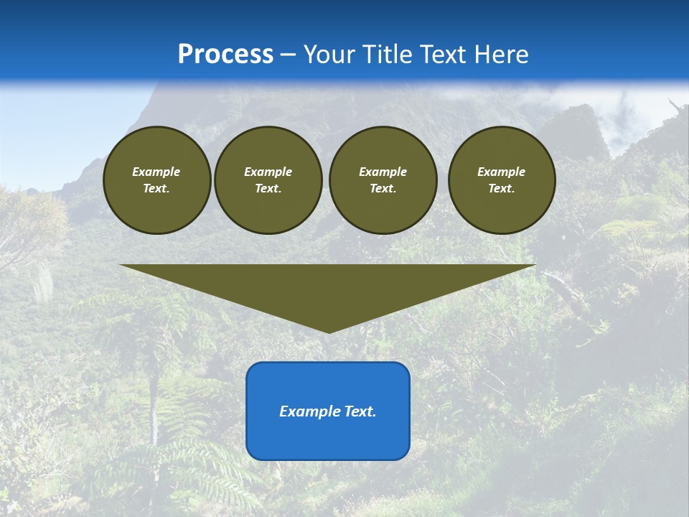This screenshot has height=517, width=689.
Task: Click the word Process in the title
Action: pos(225,55)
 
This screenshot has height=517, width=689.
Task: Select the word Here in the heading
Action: pos(500,55)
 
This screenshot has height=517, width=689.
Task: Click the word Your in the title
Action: pos(329,55)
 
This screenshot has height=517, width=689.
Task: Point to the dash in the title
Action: pos(288,55)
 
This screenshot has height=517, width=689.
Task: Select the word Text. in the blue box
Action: pos(360,411)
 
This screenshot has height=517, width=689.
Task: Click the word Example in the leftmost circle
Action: pos(156,172)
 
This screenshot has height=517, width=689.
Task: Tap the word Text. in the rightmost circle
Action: pos(501,188)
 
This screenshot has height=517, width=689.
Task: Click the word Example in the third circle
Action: pos(383,172)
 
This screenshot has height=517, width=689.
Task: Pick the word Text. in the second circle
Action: pos(268,188)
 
